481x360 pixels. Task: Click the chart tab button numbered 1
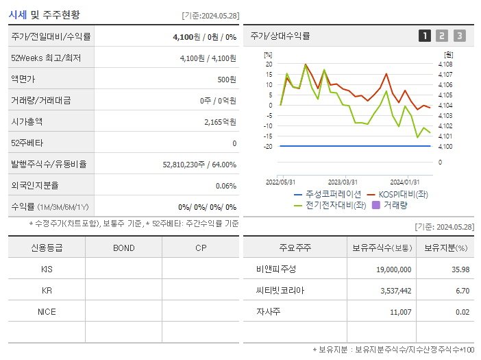[425, 36]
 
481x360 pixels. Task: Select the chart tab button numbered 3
[459, 36]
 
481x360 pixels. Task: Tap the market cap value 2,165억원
[220, 122]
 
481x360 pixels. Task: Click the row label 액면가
[23, 80]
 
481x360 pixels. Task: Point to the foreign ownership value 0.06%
[225, 186]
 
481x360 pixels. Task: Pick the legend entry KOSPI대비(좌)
[401, 194]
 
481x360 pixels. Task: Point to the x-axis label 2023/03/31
[343, 182]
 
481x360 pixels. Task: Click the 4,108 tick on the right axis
[445, 64]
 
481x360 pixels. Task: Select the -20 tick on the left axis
[269, 147]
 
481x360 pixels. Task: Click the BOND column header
[123, 248]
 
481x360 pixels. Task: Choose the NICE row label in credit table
[47, 311]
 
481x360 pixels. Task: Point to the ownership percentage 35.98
[460, 269]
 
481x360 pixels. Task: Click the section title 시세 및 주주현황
[44, 14]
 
